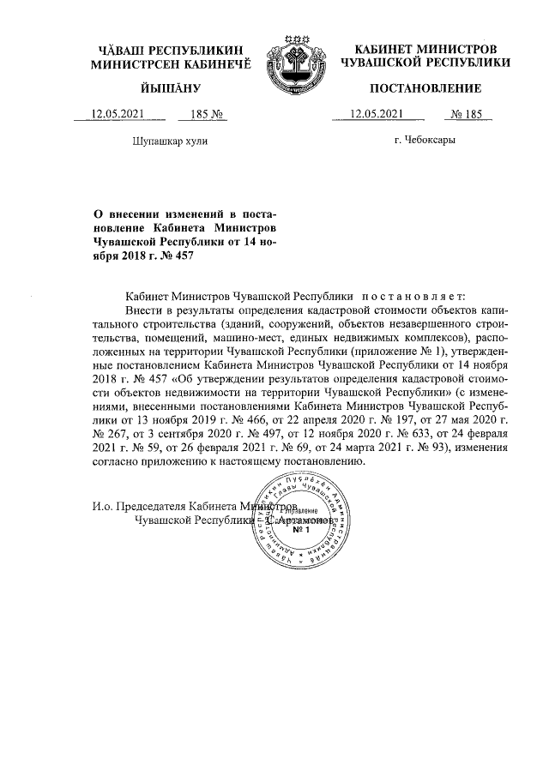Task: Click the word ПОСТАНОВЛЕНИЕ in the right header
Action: click(425, 88)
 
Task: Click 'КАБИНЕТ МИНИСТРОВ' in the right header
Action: click(425, 49)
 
